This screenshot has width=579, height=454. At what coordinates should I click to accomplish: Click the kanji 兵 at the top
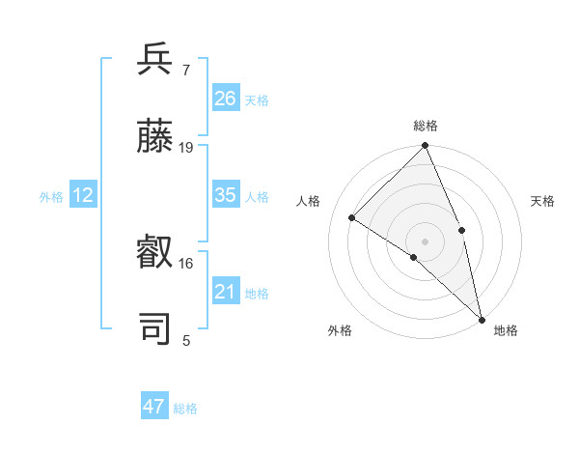coord(155,59)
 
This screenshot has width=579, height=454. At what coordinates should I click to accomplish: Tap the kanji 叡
coord(155,251)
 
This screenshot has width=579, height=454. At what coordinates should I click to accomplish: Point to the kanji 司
coord(155,328)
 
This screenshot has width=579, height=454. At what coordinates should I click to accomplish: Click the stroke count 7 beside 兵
coord(185,70)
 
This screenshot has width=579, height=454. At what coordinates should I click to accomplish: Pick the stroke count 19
coord(186,147)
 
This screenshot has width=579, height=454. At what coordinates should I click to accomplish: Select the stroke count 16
coord(186,263)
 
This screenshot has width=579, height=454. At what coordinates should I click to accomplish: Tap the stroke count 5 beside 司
coord(186,340)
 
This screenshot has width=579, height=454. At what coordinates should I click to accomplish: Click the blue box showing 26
coord(226,98)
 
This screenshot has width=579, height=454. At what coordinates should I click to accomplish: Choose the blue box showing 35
coord(226,194)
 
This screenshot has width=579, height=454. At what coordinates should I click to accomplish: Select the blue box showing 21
coord(226,291)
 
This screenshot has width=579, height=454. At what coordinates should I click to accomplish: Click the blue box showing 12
coord(83,195)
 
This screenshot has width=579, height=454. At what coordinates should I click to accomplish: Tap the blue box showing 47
coord(154,407)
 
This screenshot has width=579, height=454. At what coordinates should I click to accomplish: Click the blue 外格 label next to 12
coord(51,197)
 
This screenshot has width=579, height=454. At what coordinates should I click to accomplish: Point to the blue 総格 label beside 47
coord(185,409)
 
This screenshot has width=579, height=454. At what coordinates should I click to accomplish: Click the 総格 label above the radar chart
coord(426,126)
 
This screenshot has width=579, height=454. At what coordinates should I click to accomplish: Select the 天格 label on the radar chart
coord(543,201)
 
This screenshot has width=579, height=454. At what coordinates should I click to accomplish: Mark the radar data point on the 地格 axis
coord(482,319)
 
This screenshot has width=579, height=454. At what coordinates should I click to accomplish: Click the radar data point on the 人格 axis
coord(352,217)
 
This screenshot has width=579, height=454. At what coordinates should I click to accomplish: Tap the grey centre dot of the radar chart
coord(426,241)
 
